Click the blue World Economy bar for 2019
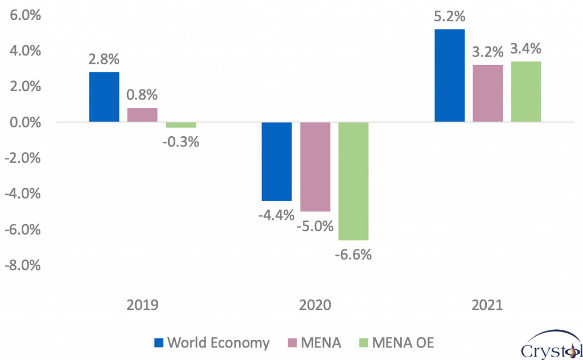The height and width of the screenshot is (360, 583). [104, 97]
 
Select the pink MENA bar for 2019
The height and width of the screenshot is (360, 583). [142, 114]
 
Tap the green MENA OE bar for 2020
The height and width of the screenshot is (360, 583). [353, 181]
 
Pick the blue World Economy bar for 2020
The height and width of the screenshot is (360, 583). [277, 161]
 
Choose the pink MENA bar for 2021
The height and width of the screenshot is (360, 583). [488, 93]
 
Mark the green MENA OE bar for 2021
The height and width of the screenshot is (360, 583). [526, 91]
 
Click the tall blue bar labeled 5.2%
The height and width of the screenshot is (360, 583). [450, 75]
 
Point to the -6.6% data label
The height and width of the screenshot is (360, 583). [353, 254]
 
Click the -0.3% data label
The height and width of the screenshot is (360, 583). [180, 142]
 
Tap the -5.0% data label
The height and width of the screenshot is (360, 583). [315, 226]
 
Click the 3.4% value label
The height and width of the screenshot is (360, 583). [526, 49]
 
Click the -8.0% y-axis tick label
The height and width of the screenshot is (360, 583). [23, 266]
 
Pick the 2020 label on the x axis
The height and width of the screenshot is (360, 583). [315, 305]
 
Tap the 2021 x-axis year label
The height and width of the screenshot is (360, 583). [487, 305]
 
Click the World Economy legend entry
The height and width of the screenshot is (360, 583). [212, 343]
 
